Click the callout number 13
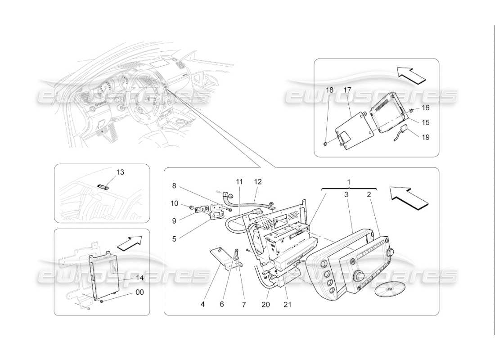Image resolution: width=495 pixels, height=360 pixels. coord(108,172)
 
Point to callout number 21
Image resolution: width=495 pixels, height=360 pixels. coord(287,304)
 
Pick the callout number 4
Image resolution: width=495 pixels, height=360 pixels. coord(202,304)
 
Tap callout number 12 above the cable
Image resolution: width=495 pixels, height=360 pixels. coord(257,182)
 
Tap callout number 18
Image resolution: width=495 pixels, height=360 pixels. coord(330,90)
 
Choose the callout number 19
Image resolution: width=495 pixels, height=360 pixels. coord(425,137)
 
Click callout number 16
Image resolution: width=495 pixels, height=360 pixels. coord(425,108)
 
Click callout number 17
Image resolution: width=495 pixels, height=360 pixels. coord(347,90)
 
